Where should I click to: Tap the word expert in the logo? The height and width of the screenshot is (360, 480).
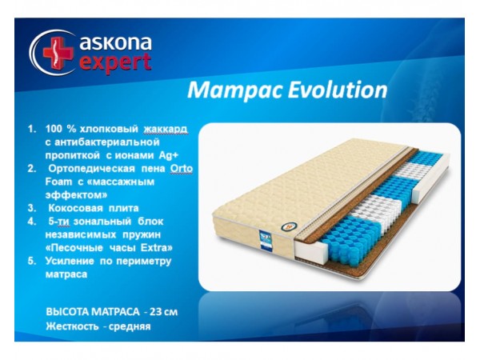click(115, 63)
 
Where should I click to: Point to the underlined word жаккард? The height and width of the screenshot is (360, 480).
click(169, 129)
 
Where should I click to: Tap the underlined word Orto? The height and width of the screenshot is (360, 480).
click(182, 170)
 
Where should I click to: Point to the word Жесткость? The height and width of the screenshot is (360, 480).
click(71, 326)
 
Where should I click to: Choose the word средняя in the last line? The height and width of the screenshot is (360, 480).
click(131, 326)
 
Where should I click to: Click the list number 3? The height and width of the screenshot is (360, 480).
click(30, 208)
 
